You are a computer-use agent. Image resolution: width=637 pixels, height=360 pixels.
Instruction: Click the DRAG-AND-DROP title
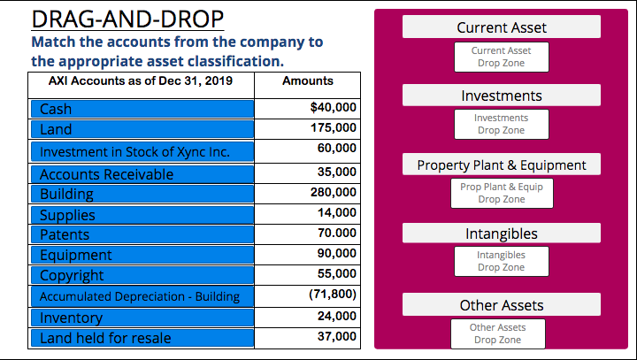[x=127, y=19]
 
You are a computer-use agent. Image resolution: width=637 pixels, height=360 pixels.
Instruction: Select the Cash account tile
[x=142, y=109]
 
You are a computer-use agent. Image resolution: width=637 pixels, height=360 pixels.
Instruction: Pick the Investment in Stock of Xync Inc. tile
[x=142, y=151]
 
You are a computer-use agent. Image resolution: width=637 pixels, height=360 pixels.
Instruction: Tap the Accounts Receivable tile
[x=142, y=173]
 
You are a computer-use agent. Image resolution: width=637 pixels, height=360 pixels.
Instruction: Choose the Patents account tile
[x=142, y=234]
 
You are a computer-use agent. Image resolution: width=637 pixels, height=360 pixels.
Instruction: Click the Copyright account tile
[x=142, y=275]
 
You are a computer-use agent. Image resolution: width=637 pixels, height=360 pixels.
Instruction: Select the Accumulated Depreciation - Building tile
[x=142, y=296]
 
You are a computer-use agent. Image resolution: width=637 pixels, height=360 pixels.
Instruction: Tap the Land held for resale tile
[x=142, y=337]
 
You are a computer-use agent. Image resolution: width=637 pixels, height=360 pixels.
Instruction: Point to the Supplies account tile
[x=142, y=214]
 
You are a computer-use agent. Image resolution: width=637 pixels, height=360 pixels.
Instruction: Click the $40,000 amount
[x=334, y=107]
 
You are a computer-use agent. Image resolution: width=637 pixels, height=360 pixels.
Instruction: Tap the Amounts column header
[x=307, y=80]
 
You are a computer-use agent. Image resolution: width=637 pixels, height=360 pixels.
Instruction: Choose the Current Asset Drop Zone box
[x=501, y=57]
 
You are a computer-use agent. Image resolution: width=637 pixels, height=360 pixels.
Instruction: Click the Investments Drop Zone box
[x=501, y=124]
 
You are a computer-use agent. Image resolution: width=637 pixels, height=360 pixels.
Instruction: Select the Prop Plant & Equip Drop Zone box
[x=501, y=193]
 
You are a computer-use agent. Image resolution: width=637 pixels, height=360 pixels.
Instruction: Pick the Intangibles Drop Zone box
[x=501, y=261]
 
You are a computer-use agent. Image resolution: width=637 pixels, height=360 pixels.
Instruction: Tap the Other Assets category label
[x=502, y=305]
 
